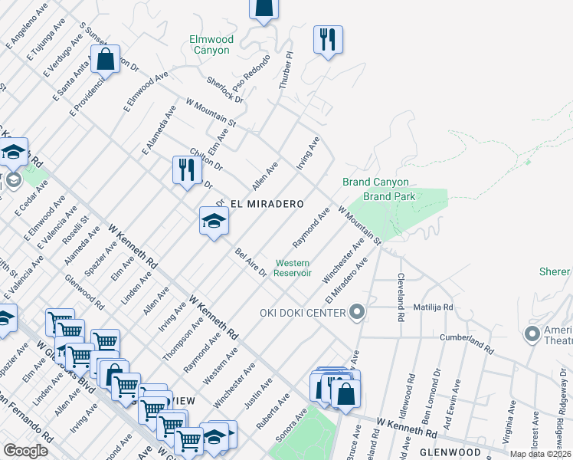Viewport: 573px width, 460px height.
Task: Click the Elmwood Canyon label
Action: point(210,44)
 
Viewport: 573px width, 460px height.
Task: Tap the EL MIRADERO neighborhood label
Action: point(266,205)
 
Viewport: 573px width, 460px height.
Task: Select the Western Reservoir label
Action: point(293,268)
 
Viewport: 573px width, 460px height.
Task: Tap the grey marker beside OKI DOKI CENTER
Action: point(356,310)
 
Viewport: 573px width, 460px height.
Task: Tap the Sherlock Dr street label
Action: point(224,90)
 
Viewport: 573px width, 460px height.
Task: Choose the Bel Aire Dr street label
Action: point(250,262)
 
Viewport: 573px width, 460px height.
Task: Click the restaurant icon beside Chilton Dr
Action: point(186,169)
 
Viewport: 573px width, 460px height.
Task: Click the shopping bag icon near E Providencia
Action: point(105,58)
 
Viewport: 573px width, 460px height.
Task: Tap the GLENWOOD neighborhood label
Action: point(450,452)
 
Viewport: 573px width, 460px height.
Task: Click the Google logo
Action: point(26,451)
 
